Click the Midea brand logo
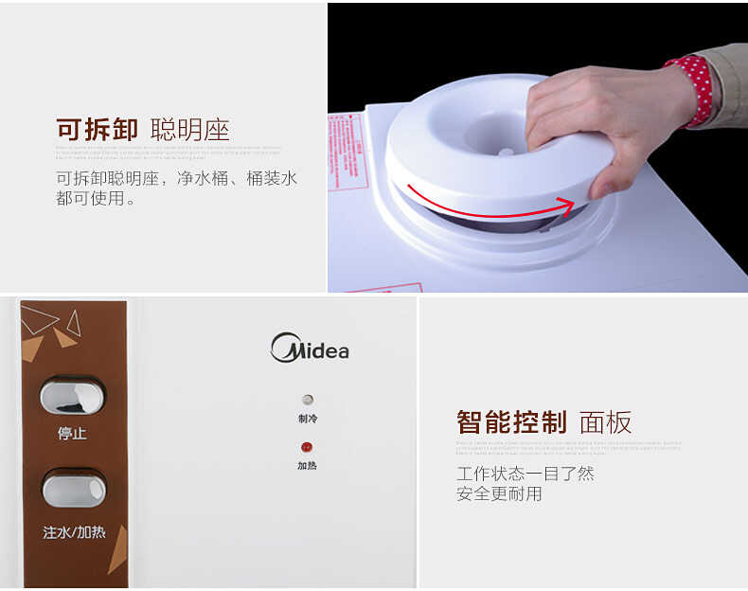point(310,349)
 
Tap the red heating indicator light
point(307,447)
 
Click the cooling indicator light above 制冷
point(307,400)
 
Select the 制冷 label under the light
point(307,419)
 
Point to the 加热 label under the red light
point(307,466)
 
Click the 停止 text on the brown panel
point(72,434)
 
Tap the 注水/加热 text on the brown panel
point(74,532)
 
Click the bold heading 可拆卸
point(97,130)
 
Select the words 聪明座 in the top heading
point(189,130)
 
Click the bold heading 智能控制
point(511,422)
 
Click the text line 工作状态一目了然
point(525,474)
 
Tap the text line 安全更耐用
point(499,493)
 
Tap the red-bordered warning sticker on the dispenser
point(347,152)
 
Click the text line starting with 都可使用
point(96,199)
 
